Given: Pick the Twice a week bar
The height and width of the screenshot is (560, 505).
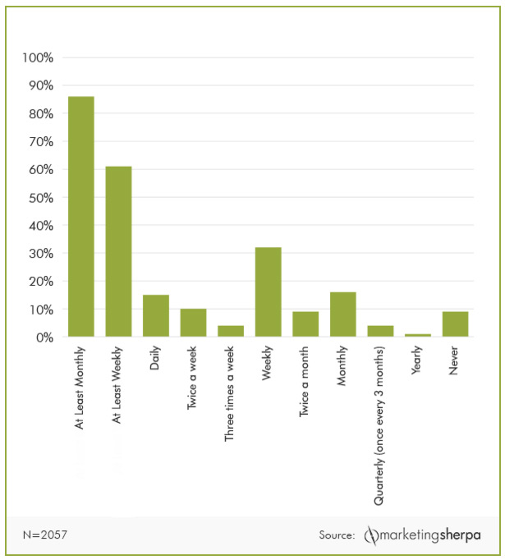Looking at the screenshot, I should pyautogui.click(x=193, y=323).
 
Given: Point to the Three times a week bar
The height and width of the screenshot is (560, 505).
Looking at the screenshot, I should pyautogui.click(x=231, y=331).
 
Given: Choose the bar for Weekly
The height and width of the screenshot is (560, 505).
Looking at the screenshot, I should pyautogui.click(x=268, y=291).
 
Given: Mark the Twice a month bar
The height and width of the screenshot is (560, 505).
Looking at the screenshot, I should pyautogui.click(x=305, y=324).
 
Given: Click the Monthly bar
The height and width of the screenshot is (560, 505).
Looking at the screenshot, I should pyautogui.click(x=343, y=314).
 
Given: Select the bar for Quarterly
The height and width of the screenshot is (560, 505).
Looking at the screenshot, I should pyautogui.click(x=380, y=331).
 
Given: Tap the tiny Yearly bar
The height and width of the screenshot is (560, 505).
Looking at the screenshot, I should pyautogui.click(x=418, y=335).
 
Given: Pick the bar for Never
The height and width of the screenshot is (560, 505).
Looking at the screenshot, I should pyautogui.click(x=455, y=324).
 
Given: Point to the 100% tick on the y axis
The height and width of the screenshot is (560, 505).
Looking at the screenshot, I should pyautogui.click(x=38, y=58).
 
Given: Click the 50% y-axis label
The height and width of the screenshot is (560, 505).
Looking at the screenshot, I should pyautogui.click(x=40, y=198).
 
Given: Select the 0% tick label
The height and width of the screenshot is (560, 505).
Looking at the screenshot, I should pyautogui.click(x=44, y=337).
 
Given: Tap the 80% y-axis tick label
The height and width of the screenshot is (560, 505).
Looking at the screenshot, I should pyautogui.click(x=40, y=114).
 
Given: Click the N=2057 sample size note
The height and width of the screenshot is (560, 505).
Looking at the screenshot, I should pyautogui.click(x=45, y=535).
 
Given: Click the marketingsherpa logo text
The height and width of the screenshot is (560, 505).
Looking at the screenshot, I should pyautogui.click(x=432, y=535).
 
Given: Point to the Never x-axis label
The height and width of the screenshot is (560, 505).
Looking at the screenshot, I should pyautogui.click(x=454, y=362).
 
